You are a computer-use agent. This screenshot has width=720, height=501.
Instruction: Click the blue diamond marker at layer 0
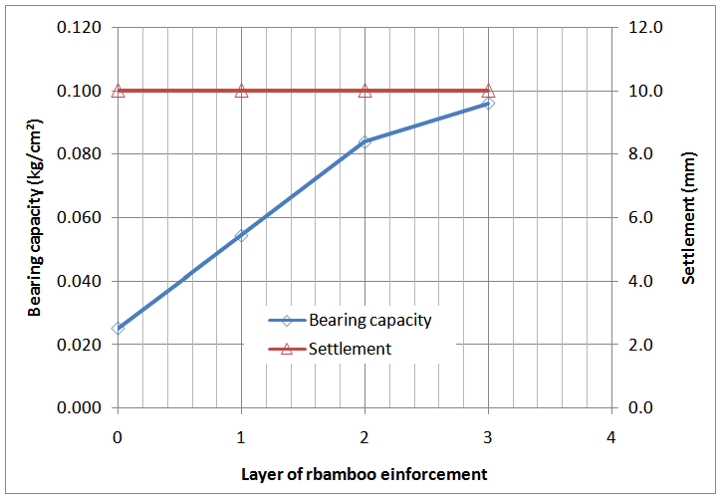coord(119,328)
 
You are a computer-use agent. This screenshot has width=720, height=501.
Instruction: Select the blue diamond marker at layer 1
coord(241,236)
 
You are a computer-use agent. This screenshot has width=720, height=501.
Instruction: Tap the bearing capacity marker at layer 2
coord(364,141)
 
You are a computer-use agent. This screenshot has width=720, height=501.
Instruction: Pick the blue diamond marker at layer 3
coord(488,104)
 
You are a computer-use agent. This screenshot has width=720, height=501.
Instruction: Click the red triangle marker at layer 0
coord(119,91)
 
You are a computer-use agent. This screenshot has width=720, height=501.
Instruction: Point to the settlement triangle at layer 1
coord(241,91)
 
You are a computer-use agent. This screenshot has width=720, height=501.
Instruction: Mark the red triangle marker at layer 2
coord(364,91)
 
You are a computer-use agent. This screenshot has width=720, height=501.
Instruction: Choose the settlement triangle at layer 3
coord(488,91)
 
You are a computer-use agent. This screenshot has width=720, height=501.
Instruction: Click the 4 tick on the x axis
coord(611,436)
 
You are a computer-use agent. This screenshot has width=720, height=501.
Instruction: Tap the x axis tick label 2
coord(364,436)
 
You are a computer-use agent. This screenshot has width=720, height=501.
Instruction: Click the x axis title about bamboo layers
coord(364,474)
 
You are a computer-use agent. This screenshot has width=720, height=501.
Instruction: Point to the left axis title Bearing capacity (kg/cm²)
coord(35,218)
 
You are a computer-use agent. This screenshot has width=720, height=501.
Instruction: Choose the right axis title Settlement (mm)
coord(689,218)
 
